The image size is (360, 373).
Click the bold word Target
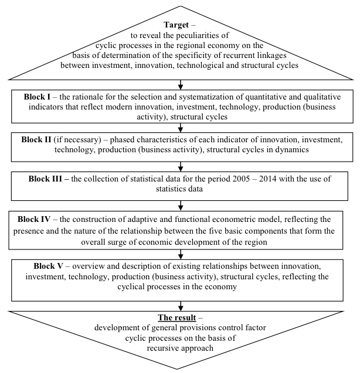pos(176,25)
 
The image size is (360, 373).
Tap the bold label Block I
pos(37,97)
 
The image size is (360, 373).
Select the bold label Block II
pos(36,139)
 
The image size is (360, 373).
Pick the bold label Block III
pos(45,179)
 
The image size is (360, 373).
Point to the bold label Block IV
pos(34,219)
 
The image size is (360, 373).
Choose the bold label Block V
pos(48,266)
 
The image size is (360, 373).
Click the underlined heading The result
pos(177,317)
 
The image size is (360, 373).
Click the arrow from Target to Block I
pos(181,85)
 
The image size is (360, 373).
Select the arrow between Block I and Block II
pos(181,128)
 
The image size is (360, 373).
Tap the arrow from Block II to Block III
pos(181,166)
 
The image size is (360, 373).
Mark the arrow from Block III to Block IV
pos(181,206)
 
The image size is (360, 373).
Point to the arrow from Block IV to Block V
pos(181,254)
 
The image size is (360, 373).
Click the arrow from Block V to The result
pos(181,306)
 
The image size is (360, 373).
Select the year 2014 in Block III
pos(268,179)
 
